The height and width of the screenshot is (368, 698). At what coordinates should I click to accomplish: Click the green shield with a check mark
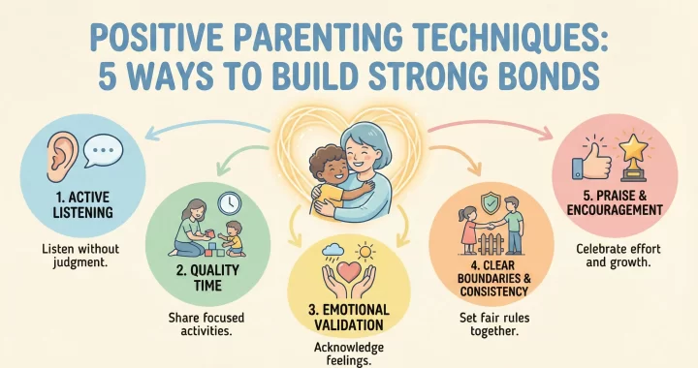coord(493,204)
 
